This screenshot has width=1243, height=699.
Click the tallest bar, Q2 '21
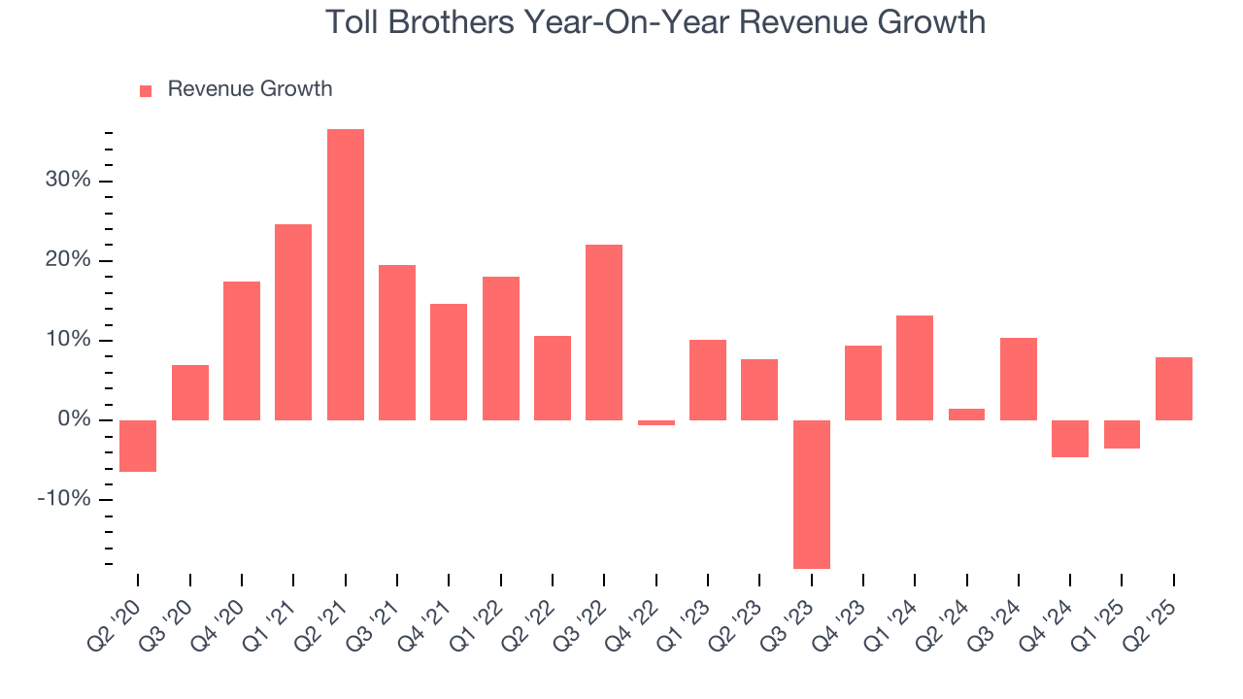point(345,275)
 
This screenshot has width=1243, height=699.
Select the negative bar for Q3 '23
point(811,494)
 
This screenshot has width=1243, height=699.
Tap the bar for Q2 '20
point(138,446)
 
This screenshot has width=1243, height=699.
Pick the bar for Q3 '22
point(604,332)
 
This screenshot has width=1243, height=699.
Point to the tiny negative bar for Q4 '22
point(655,423)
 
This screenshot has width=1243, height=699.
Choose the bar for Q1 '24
point(915,368)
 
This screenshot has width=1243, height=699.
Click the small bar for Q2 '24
point(966,415)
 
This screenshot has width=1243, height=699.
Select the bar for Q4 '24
point(1070,439)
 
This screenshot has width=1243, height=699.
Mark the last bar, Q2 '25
point(1173,388)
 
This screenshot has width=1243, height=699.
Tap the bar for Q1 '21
point(293,322)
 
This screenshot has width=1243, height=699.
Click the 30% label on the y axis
point(67,182)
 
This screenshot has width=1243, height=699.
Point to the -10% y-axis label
point(63,500)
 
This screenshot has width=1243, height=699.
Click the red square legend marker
point(146,91)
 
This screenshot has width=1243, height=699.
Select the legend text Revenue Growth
point(250,89)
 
